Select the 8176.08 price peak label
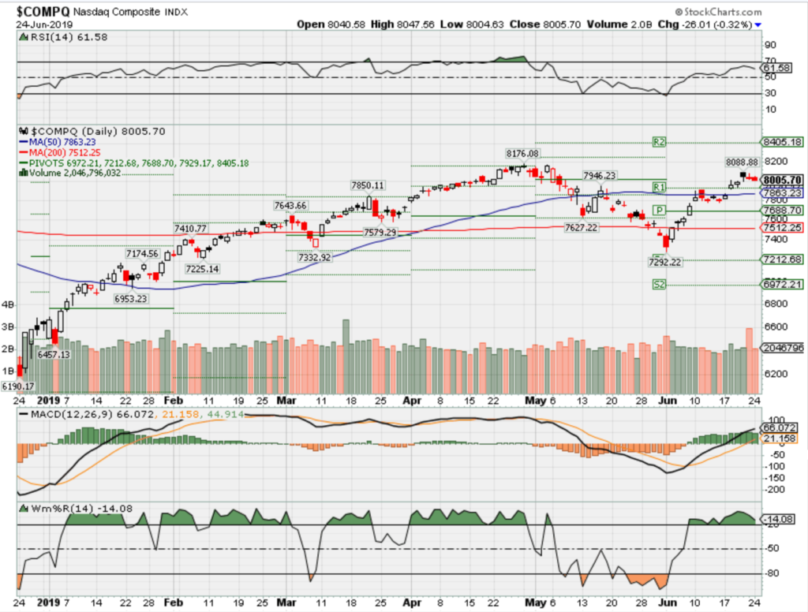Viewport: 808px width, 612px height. click(522, 153)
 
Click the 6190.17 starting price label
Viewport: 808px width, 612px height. click(18, 386)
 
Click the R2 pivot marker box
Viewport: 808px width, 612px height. click(660, 142)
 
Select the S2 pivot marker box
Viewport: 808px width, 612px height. click(660, 284)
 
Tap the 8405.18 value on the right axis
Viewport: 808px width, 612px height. click(780, 142)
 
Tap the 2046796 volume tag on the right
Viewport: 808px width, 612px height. click(781, 348)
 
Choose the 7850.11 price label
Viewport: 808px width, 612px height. click(368, 185)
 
